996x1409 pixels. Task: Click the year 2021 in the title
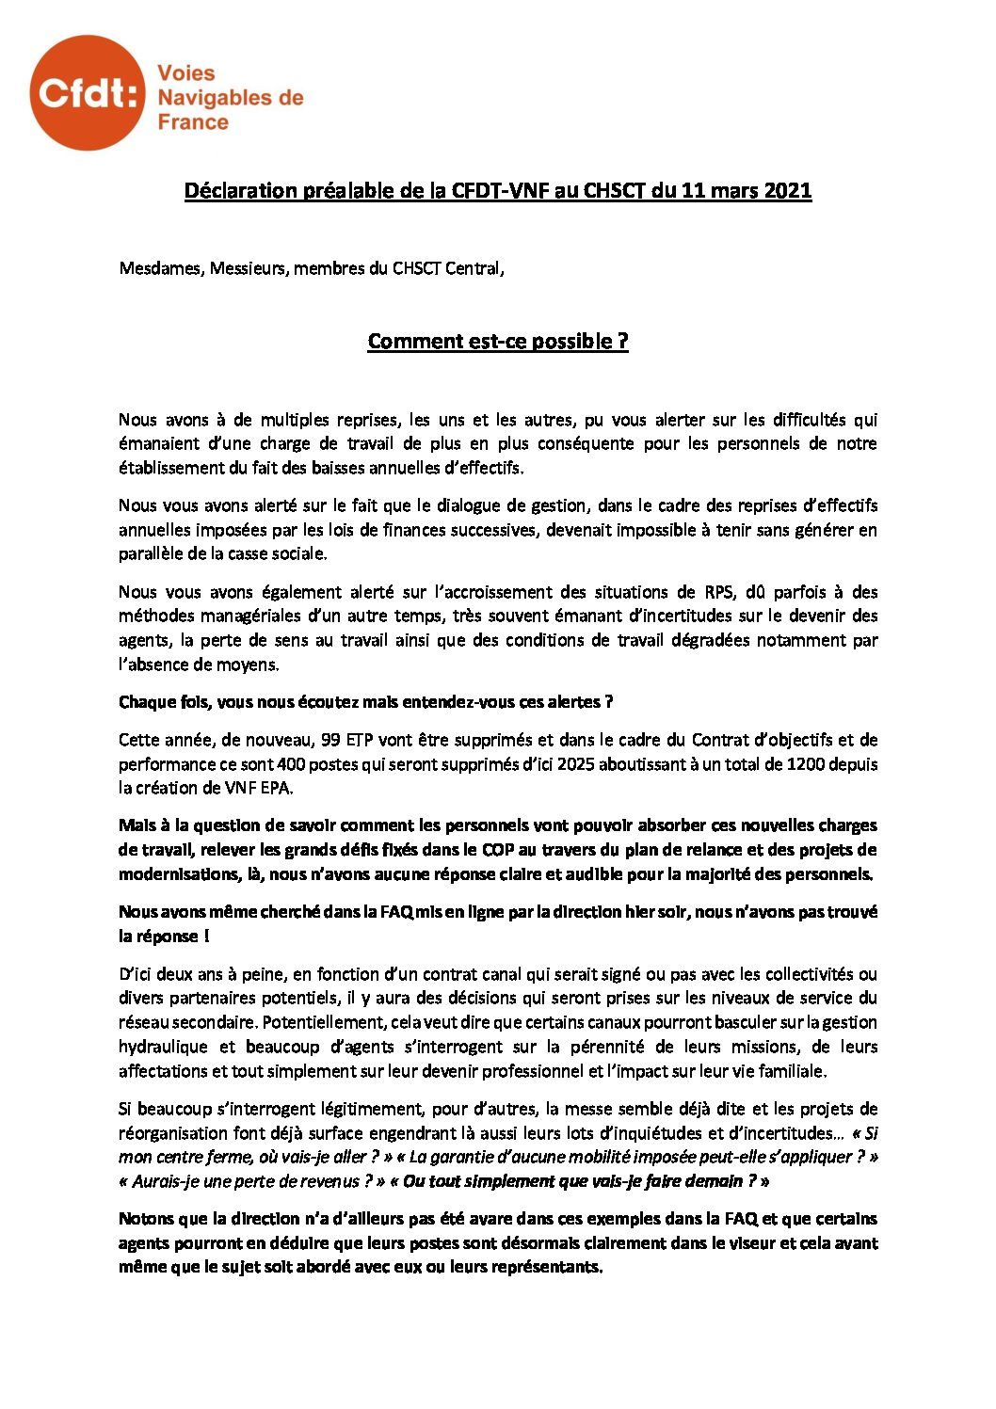point(787,191)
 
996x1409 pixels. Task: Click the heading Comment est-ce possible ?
point(497,341)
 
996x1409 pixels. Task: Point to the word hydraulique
point(163,1046)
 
